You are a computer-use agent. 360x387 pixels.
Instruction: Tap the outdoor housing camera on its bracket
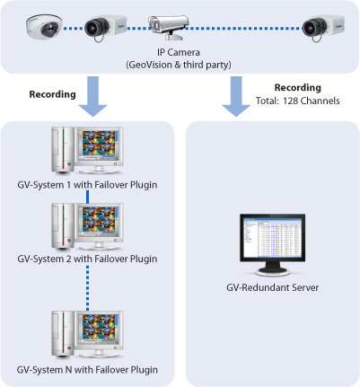tap(168, 27)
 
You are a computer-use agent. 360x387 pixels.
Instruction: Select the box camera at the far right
tap(323, 28)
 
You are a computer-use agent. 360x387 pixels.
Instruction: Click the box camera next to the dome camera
tap(105, 28)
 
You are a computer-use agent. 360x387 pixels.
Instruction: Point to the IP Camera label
tap(179, 52)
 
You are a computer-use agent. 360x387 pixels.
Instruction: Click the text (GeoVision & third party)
tap(179, 65)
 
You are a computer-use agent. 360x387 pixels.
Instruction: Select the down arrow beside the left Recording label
tap(92, 96)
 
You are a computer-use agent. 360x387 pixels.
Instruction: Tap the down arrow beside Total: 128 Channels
tap(236, 96)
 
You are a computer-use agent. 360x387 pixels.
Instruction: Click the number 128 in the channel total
tap(290, 101)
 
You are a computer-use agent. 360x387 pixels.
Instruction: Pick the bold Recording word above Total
tap(298, 87)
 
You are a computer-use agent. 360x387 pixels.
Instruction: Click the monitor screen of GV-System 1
tap(99, 144)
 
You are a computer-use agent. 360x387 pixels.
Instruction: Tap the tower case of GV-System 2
tap(63, 226)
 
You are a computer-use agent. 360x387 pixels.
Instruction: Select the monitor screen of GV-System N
tap(99, 328)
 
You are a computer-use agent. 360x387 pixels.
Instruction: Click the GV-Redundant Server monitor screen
tap(272, 237)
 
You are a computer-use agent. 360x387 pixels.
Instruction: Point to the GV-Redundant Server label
tap(272, 287)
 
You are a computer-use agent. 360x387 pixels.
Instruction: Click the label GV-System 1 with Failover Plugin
tap(87, 185)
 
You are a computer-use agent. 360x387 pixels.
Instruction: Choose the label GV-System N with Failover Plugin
tap(87, 370)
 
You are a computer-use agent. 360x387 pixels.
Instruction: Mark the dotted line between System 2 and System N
tap(87, 288)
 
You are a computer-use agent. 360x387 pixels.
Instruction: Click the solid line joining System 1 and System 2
tap(87, 197)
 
